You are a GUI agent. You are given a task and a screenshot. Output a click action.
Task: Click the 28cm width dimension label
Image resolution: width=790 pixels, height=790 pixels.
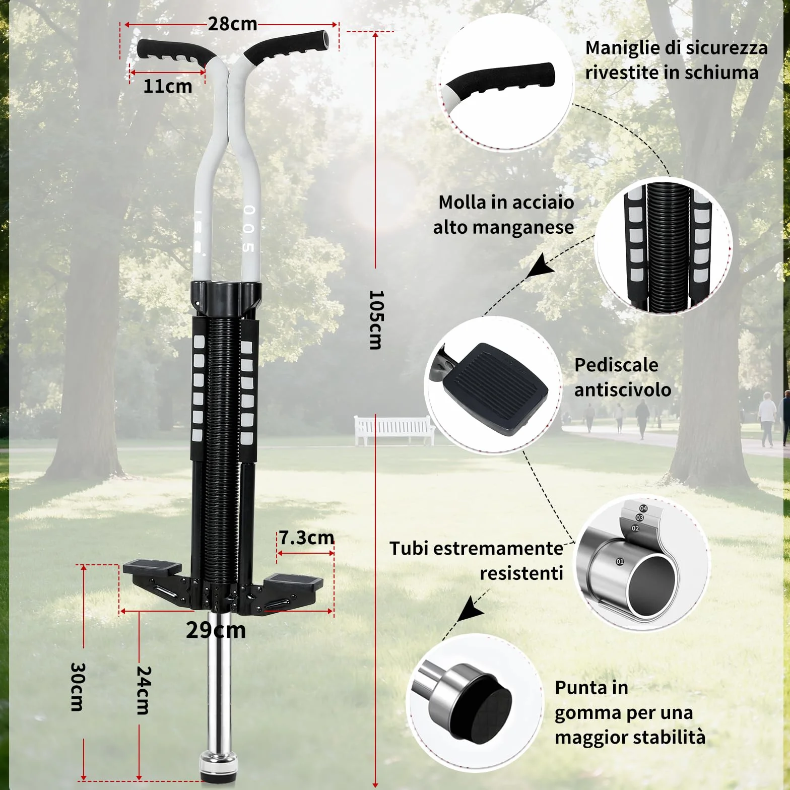point(232,24)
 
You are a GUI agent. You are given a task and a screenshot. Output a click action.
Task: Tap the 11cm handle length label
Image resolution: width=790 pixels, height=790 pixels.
point(168,86)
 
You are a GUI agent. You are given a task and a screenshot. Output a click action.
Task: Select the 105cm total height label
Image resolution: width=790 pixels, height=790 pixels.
point(376,319)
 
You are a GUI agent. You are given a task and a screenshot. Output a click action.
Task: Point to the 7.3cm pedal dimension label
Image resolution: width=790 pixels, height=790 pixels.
point(306,538)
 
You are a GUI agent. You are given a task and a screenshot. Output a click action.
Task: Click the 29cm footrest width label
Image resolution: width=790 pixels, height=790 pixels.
point(216,630)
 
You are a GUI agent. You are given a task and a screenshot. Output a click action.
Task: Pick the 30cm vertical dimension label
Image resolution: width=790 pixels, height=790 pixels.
point(77,686)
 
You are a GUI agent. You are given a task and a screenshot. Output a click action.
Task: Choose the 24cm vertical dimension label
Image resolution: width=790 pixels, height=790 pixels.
point(144,690)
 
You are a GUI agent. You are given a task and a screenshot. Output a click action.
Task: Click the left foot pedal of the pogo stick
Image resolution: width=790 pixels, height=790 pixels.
point(152,567)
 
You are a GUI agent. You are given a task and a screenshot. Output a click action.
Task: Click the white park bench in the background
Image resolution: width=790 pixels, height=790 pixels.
point(394,430)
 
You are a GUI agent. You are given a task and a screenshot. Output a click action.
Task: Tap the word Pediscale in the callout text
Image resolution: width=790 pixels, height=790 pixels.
point(616,365)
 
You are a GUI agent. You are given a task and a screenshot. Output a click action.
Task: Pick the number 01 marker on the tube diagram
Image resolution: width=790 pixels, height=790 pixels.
point(620,561)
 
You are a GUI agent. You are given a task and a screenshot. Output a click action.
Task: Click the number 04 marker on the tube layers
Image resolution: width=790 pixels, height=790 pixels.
point(643,508)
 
